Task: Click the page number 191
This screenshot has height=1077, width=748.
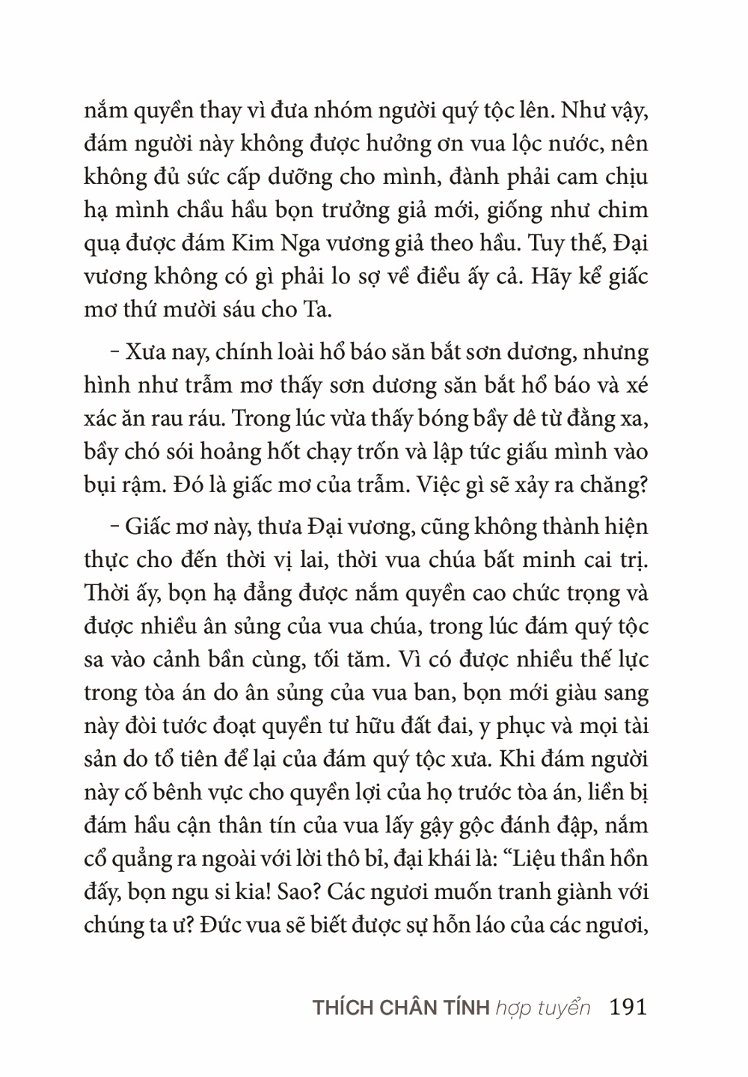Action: click(x=628, y=1007)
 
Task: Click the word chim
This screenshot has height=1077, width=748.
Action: click(x=623, y=210)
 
